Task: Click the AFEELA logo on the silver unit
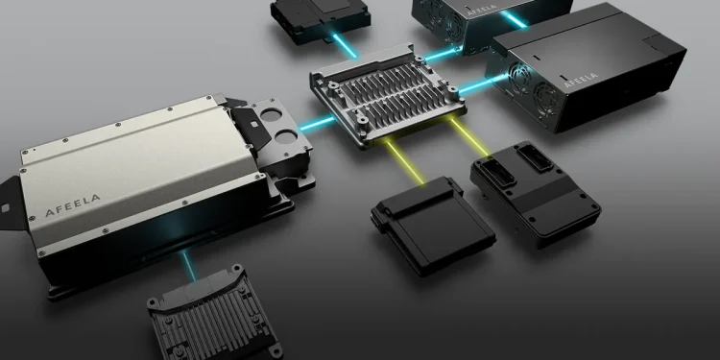pyautogui.click(x=73, y=205)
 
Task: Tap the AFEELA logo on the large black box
pyautogui.click(x=581, y=80)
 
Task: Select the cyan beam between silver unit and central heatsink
pyautogui.click(x=318, y=124)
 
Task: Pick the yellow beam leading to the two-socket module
pyautogui.click(x=468, y=137)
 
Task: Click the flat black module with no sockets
pyautogui.click(x=433, y=225)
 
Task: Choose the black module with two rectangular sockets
pyautogui.click(x=536, y=193)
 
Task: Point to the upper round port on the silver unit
pyautogui.click(x=272, y=115)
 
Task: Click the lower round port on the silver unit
pyautogui.click(x=286, y=136)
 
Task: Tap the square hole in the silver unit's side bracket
pyautogui.click(x=6, y=208)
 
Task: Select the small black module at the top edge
pyautogui.click(x=321, y=20)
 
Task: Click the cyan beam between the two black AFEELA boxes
pyautogui.click(x=514, y=19)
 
